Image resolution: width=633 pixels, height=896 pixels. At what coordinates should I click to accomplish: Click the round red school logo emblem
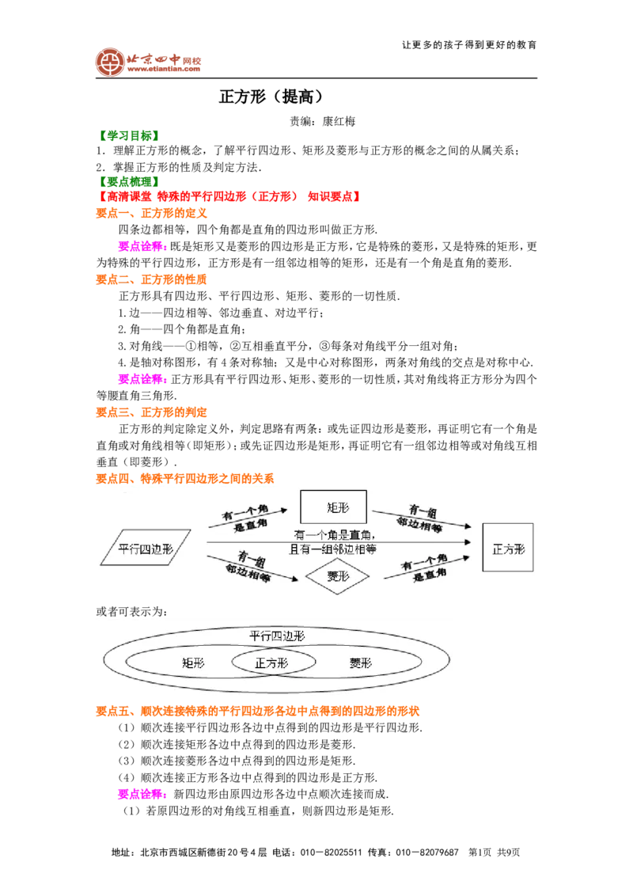click(110, 63)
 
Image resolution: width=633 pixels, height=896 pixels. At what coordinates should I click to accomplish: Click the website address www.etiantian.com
click(163, 69)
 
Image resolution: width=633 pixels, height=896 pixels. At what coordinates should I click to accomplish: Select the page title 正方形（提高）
click(271, 97)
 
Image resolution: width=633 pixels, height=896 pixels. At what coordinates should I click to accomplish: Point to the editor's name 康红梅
click(339, 121)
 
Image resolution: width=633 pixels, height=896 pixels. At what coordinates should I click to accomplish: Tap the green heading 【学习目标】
click(128, 135)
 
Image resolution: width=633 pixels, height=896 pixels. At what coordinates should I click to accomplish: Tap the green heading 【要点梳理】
click(128, 182)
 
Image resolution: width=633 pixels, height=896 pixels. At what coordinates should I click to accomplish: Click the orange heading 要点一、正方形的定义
click(151, 213)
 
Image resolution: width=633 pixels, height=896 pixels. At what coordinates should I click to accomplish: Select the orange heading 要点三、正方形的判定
click(151, 412)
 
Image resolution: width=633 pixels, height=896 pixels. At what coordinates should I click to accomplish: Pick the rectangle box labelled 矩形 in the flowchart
click(334, 507)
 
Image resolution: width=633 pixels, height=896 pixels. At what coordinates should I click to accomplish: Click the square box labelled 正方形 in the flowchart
click(508, 548)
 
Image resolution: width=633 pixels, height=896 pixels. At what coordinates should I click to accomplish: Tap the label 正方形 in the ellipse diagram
click(272, 663)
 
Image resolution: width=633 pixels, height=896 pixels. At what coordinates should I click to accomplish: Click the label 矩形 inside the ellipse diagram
click(193, 663)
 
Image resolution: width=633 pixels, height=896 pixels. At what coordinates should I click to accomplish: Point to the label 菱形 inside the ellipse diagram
click(361, 663)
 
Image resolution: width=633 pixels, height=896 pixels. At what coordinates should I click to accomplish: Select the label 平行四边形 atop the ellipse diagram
click(277, 636)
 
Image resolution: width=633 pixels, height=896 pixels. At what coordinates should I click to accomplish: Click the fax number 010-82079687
click(427, 852)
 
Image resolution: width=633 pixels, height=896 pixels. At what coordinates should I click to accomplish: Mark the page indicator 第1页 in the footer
click(479, 852)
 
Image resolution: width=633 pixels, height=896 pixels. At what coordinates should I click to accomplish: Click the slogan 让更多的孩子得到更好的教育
click(470, 45)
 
